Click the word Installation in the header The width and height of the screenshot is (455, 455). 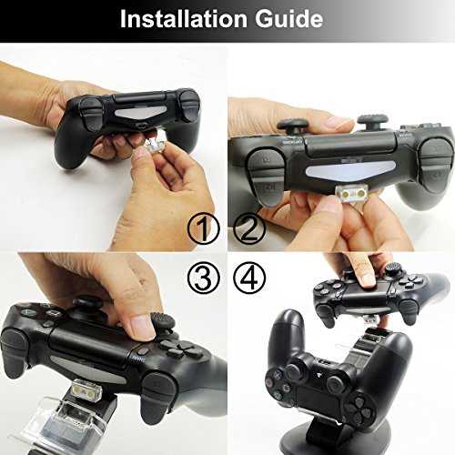point(184,19)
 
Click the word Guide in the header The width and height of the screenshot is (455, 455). point(288,19)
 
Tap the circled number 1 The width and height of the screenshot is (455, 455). point(203,228)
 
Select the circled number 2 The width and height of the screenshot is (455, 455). point(249,228)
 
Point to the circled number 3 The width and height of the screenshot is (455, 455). point(203,278)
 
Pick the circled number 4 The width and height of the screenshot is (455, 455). point(249,278)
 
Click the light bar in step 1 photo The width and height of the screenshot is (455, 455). point(140,113)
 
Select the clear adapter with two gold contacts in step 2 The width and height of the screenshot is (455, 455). point(353,193)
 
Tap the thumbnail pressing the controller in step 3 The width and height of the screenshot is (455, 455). point(142,327)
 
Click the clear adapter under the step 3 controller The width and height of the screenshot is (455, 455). point(86,389)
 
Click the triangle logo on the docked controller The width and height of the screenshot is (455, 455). point(318,375)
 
